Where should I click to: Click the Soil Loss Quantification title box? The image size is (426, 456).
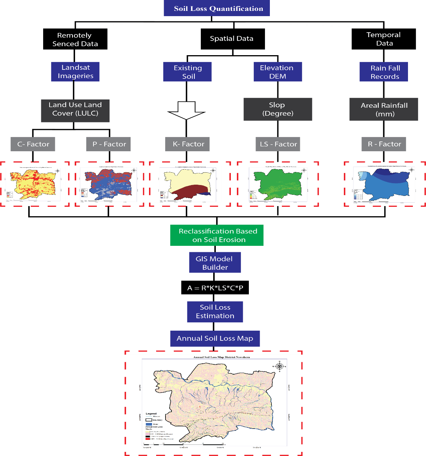(x=217, y=8)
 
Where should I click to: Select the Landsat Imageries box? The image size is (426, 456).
(x=75, y=72)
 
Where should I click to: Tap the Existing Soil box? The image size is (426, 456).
(x=187, y=72)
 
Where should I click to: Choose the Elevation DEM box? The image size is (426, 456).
(x=277, y=72)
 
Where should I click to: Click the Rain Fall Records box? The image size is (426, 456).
(x=384, y=72)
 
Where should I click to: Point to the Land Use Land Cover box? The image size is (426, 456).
(x=75, y=110)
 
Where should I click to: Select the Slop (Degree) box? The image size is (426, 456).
(x=277, y=109)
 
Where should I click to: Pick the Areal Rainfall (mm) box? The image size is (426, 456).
(x=384, y=109)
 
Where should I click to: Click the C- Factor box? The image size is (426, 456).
(x=33, y=144)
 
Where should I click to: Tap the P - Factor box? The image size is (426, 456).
(x=109, y=144)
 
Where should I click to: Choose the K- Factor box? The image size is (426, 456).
(x=188, y=144)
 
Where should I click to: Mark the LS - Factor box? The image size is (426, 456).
(x=278, y=144)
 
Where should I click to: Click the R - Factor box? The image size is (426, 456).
(x=384, y=144)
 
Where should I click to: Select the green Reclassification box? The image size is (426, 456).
(x=217, y=235)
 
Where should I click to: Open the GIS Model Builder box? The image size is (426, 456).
(x=215, y=262)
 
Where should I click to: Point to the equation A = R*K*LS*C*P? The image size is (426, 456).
(x=215, y=288)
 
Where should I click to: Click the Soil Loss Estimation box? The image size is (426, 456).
(x=215, y=312)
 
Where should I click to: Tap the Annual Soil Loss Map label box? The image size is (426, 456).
(x=215, y=339)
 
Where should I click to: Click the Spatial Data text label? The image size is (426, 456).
(x=232, y=38)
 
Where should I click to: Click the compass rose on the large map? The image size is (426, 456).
(x=279, y=366)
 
